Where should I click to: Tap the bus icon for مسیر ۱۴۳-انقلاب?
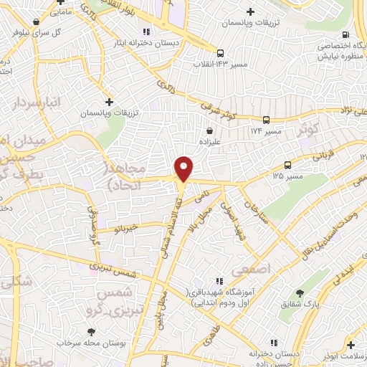220,52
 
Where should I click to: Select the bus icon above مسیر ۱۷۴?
266,120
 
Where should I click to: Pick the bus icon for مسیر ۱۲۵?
287,164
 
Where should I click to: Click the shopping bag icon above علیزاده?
209,131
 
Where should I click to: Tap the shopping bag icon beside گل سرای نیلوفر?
36,22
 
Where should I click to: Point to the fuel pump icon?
347,34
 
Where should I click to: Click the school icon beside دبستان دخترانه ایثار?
147,32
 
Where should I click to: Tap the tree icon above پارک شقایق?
300,293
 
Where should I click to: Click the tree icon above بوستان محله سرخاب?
91,332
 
